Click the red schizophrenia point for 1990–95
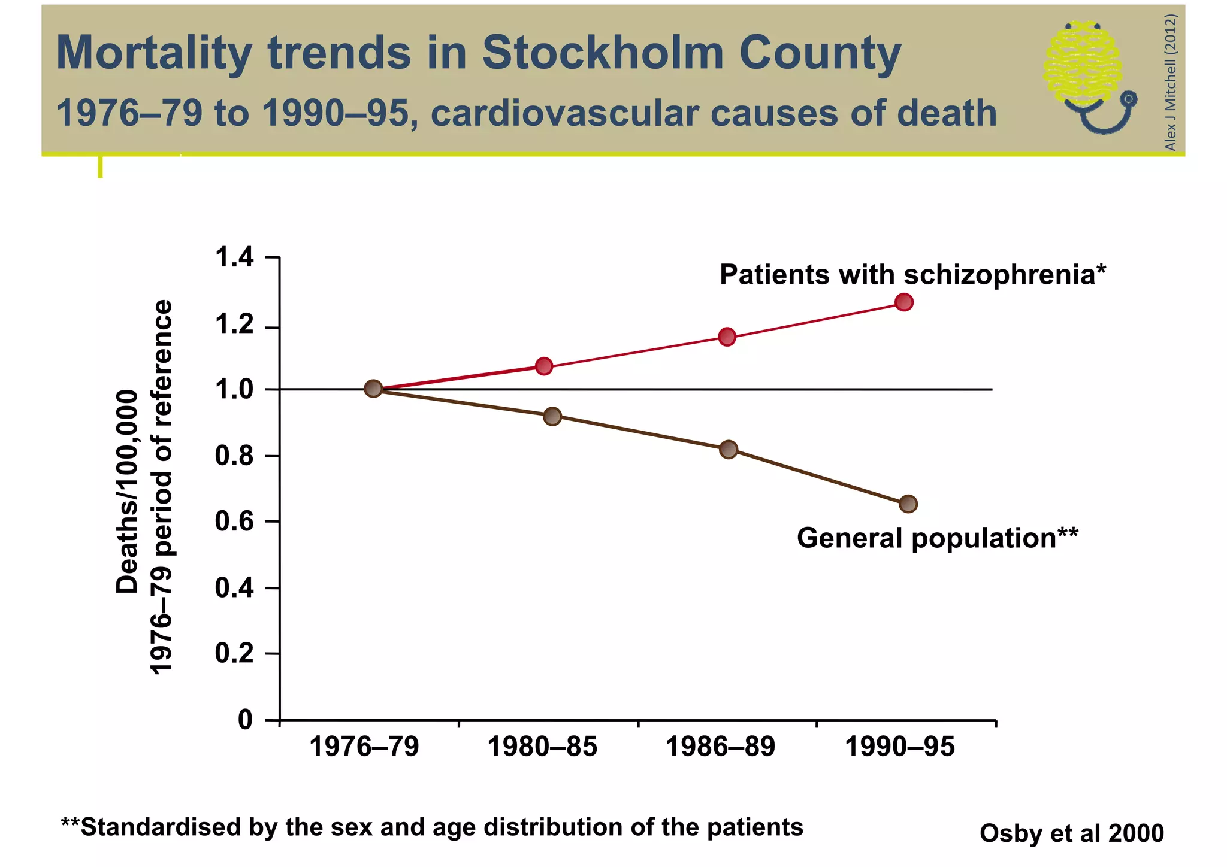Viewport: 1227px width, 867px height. pyautogui.click(x=904, y=302)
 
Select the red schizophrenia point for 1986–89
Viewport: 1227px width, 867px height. pyautogui.click(x=727, y=337)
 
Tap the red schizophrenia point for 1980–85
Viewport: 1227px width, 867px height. pyautogui.click(x=543, y=366)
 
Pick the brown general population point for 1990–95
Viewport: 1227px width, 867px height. pyautogui.click(x=908, y=504)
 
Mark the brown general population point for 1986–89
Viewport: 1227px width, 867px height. pyautogui.click(x=729, y=449)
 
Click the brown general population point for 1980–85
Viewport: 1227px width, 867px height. pyautogui.click(x=552, y=416)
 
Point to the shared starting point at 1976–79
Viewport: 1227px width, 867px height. pyautogui.click(x=373, y=389)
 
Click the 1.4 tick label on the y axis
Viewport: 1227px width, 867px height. pyautogui.click(x=234, y=258)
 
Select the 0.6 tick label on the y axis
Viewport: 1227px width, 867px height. pyautogui.click(x=234, y=522)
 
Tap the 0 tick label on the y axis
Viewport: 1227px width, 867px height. pyautogui.click(x=246, y=719)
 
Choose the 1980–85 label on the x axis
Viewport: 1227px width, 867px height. pyautogui.click(x=542, y=747)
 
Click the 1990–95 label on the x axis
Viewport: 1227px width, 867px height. pyautogui.click(x=899, y=747)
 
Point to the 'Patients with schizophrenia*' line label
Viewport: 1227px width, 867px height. pyautogui.click(x=912, y=275)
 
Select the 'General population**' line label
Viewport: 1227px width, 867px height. pyautogui.click(x=937, y=538)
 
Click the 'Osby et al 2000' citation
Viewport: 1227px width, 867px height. pyautogui.click(x=1071, y=833)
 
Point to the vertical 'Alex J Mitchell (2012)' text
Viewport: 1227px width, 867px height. pyautogui.click(x=1170, y=83)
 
